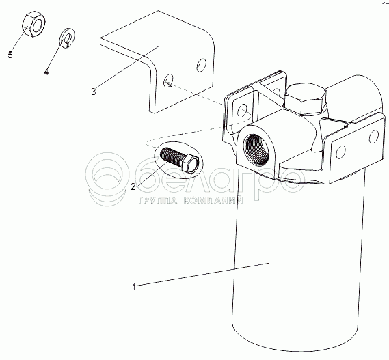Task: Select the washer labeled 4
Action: click(x=67, y=38)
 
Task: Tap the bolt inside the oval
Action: click(x=180, y=160)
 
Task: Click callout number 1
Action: click(x=134, y=287)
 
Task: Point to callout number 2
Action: click(x=133, y=186)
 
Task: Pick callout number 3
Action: click(x=93, y=92)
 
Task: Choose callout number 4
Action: click(x=46, y=72)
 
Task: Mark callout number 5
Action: click(x=10, y=55)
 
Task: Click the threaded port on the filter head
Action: click(x=256, y=150)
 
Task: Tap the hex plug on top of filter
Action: click(x=306, y=98)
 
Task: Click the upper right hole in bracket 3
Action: click(x=201, y=65)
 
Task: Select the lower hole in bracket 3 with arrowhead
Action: click(x=169, y=81)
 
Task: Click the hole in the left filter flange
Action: click(x=242, y=111)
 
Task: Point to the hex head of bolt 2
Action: click(x=190, y=163)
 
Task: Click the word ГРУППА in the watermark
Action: click(x=158, y=200)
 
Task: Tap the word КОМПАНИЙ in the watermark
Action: click(x=213, y=200)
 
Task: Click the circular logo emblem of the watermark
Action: click(x=107, y=179)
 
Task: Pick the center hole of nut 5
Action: click(x=38, y=25)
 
